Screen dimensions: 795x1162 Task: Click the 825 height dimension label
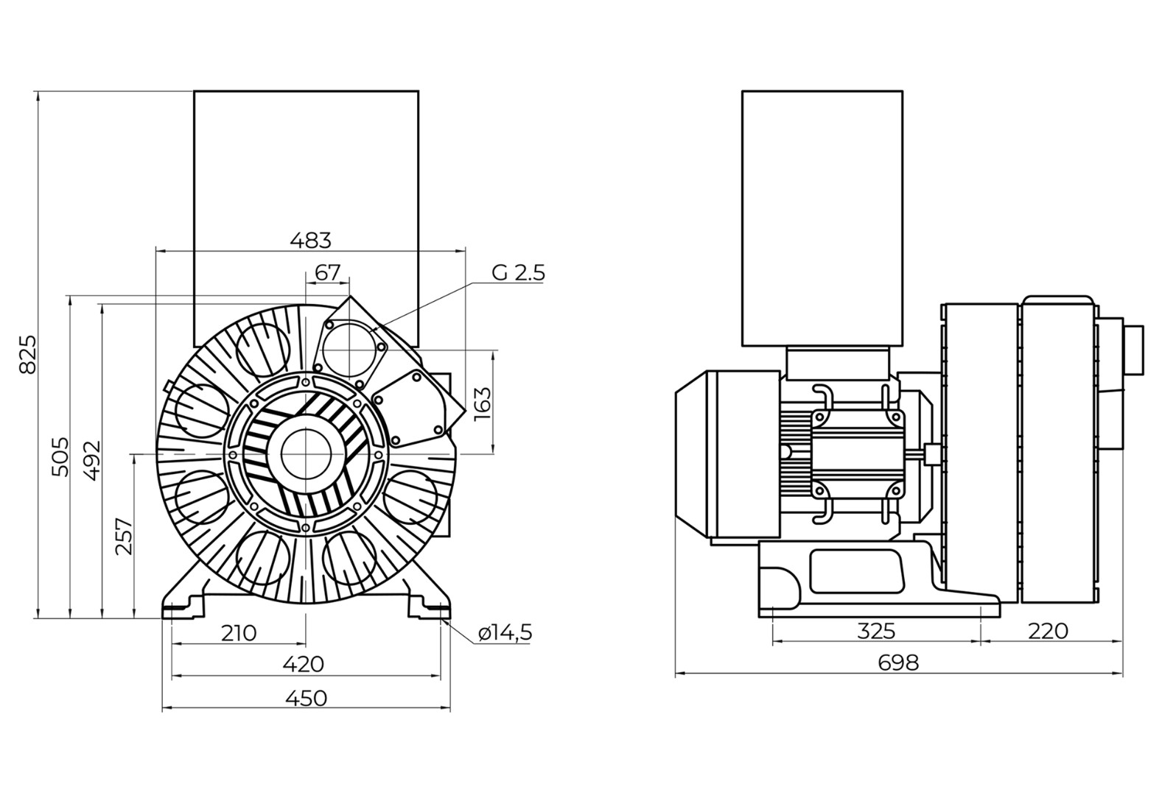coord(27,354)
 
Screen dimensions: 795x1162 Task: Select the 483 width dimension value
coord(310,240)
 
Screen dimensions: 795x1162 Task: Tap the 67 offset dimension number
coord(327,272)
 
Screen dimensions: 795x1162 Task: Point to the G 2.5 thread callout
coord(518,273)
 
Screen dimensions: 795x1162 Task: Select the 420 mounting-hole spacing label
coord(304,664)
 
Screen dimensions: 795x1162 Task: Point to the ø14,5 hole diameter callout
coord(505,633)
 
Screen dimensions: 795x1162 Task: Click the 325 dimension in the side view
coord(876,631)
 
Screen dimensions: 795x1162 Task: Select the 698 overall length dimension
coord(899,662)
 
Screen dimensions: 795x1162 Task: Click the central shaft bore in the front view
coord(305,453)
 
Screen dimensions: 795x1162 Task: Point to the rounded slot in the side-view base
coord(855,570)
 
